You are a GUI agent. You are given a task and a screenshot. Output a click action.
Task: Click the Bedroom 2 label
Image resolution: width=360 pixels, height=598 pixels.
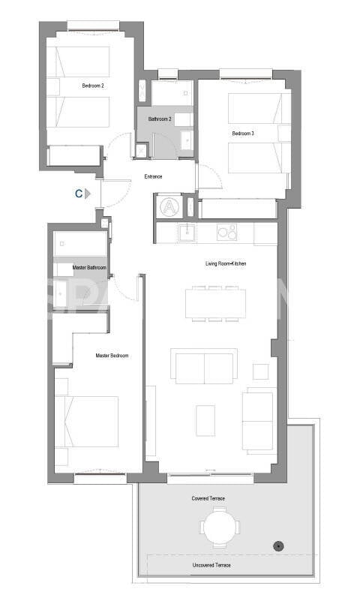[x=93, y=86]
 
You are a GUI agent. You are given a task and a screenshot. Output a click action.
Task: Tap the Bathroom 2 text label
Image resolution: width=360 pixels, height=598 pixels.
[x=160, y=119]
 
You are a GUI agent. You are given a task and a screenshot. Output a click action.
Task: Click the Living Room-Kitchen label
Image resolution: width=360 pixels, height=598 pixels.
[x=226, y=264]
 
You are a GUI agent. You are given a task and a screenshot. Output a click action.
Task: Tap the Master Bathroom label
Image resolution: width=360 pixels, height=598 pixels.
[x=89, y=268]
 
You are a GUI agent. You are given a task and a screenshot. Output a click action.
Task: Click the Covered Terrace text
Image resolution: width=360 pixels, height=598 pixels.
[x=208, y=498]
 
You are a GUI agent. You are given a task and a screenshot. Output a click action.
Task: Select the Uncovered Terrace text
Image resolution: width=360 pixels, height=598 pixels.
[x=211, y=564]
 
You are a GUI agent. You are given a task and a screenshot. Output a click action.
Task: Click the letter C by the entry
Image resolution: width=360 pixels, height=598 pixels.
[x=78, y=194]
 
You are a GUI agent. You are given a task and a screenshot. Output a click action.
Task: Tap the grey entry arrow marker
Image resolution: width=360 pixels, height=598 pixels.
[x=88, y=194]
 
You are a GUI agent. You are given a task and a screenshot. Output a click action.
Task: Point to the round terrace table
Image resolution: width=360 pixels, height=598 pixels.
[x=220, y=526]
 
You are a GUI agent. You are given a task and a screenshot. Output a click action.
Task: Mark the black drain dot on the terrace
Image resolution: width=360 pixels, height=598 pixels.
[x=279, y=545]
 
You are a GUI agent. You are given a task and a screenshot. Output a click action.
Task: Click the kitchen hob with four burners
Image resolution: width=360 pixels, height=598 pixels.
[x=227, y=233]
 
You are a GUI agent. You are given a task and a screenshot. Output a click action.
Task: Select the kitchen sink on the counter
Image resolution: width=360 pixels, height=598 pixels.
[x=185, y=233]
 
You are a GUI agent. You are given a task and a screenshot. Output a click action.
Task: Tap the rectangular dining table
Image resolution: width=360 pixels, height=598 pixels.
[x=215, y=302]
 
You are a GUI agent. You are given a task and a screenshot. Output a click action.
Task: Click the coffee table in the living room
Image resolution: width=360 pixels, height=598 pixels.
[x=205, y=420]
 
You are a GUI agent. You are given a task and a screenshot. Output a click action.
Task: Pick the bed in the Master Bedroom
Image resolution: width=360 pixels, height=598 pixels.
[x=87, y=422]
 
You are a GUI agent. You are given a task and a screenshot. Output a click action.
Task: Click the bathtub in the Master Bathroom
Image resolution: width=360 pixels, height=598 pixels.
[x=80, y=244]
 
